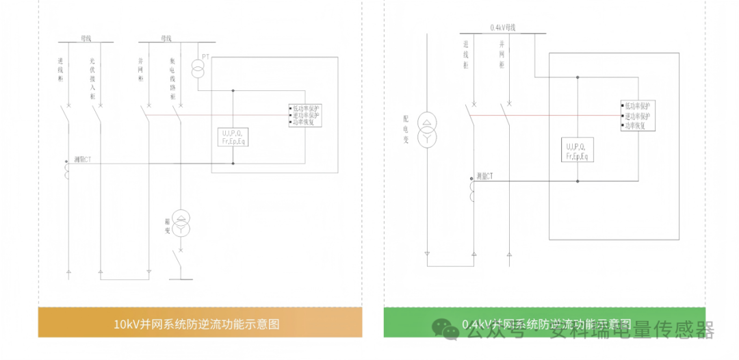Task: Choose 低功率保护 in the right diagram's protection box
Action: click(x=637, y=106)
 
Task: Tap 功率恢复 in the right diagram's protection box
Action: click(x=634, y=126)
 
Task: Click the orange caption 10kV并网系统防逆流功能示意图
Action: click(x=197, y=324)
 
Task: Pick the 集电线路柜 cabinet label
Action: click(x=173, y=79)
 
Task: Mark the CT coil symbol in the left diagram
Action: click(x=67, y=171)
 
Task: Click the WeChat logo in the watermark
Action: click(x=450, y=332)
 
